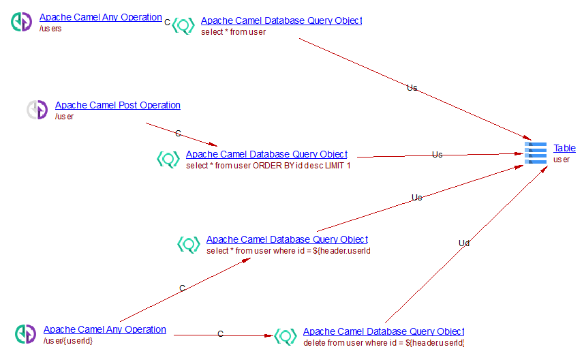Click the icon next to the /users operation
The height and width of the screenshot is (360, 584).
click(22, 22)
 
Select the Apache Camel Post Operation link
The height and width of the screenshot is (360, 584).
click(117, 105)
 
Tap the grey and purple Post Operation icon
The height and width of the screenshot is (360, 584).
click(37, 110)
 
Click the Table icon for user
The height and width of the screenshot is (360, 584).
click(536, 153)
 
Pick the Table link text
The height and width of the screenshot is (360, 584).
click(564, 148)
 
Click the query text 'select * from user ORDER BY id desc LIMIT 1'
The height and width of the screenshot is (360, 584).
click(268, 166)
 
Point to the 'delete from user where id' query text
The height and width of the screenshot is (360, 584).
click(384, 343)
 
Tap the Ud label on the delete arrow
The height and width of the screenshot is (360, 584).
click(464, 243)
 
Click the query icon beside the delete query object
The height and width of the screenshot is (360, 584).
click(286, 336)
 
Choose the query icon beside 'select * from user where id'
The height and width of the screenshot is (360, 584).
click(189, 244)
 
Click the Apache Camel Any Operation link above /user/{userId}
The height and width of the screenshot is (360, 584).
click(104, 329)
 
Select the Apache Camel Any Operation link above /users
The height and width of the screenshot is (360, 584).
click(100, 17)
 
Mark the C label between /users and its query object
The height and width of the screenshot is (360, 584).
click(168, 22)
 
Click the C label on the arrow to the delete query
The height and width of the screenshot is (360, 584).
click(220, 334)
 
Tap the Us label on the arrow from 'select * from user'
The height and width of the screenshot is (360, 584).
click(412, 88)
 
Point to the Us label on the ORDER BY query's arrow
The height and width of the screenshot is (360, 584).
click(437, 155)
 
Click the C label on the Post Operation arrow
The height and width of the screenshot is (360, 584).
click(178, 133)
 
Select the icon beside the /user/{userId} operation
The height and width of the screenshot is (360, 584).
click(26, 334)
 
